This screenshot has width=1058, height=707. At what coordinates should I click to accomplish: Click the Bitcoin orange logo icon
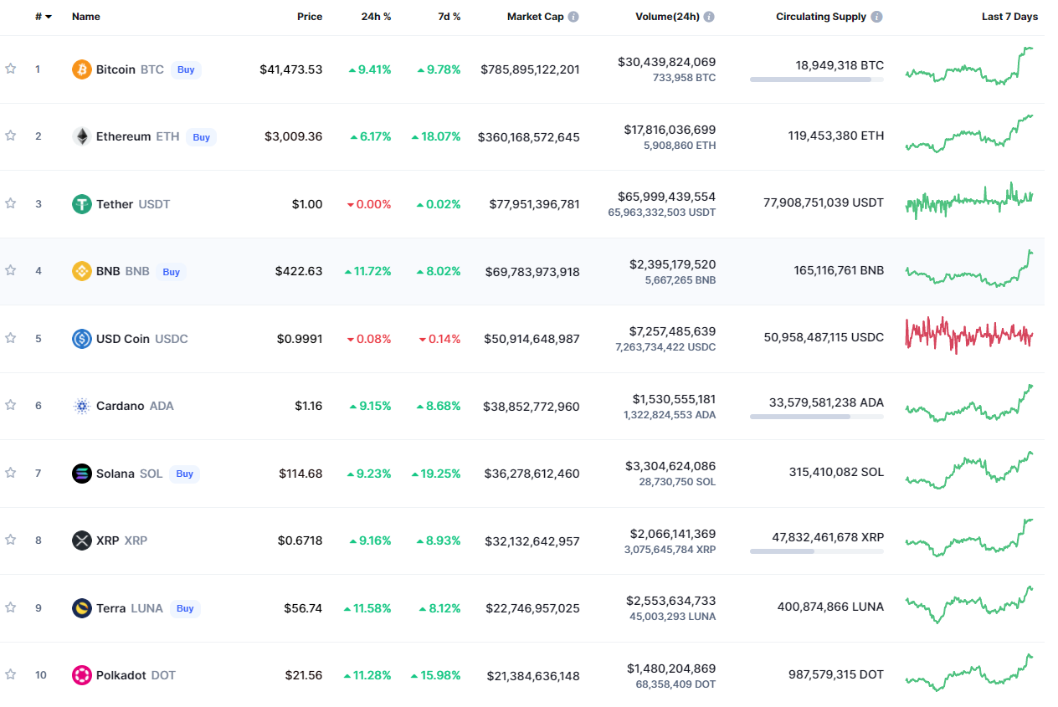[x=81, y=69]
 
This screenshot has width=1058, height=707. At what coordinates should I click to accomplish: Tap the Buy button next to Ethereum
[x=201, y=137]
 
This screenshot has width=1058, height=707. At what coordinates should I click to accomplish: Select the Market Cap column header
[x=535, y=17]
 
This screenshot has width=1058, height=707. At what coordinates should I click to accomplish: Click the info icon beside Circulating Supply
[x=876, y=17]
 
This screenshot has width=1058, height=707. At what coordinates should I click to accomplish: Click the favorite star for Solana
[x=11, y=473]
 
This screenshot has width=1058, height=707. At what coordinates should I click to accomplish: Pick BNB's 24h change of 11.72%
[x=368, y=272]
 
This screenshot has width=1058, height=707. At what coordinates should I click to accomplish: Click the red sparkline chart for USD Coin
[x=969, y=334]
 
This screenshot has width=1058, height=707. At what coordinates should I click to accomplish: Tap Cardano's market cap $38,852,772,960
[x=532, y=407]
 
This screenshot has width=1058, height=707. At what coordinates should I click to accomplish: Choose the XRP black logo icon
[x=81, y=540]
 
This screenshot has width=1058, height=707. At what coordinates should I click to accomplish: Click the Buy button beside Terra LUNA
[x=185, y=608]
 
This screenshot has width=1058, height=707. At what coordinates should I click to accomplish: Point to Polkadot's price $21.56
[x=303, y=675]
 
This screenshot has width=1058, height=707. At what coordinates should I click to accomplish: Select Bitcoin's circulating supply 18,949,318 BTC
[x=840, y=65]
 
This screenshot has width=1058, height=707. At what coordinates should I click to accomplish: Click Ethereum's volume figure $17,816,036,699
[x=670, y=130]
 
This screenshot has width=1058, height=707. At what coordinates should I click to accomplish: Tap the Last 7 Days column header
[x=1009, y=17]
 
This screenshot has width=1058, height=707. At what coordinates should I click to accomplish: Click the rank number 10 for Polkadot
[x=40, y=675]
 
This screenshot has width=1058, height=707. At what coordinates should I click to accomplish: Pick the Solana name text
[x=115, y=474]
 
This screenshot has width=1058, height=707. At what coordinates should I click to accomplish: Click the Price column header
[x=310, y=17]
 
